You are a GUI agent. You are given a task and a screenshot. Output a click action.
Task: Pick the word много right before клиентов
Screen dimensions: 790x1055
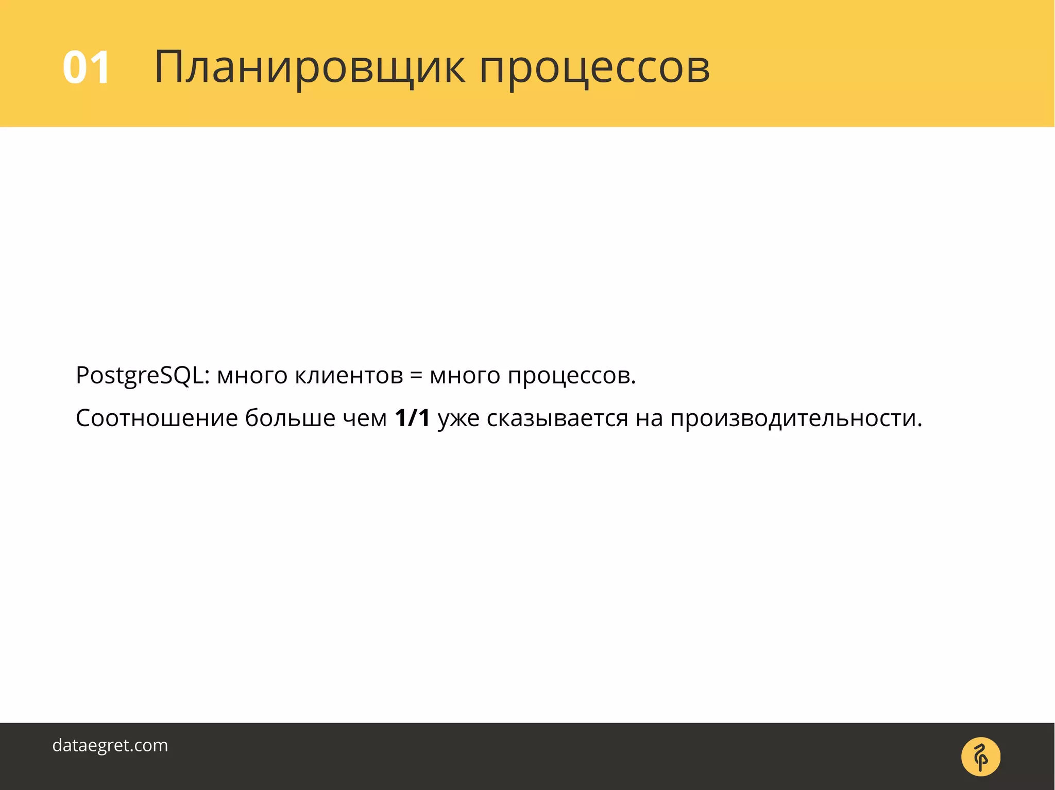[252, 376]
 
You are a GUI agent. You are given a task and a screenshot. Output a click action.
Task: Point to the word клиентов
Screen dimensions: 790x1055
[349, 376]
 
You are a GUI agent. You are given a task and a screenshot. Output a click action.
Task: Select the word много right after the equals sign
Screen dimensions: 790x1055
[465, 376]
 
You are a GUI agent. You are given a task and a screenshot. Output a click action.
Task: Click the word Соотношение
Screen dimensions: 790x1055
[157, 418]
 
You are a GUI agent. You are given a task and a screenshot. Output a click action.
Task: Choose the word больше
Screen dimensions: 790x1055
[290, 418]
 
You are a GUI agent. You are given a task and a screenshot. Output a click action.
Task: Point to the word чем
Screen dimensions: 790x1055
[365, 418]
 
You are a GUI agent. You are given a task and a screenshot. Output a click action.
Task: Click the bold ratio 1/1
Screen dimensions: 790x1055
[412, 418]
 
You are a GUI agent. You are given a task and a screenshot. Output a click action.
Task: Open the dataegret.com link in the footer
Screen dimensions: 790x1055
[110, 745]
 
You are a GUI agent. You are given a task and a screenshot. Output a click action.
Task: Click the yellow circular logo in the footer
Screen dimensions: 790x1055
[980, 757]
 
